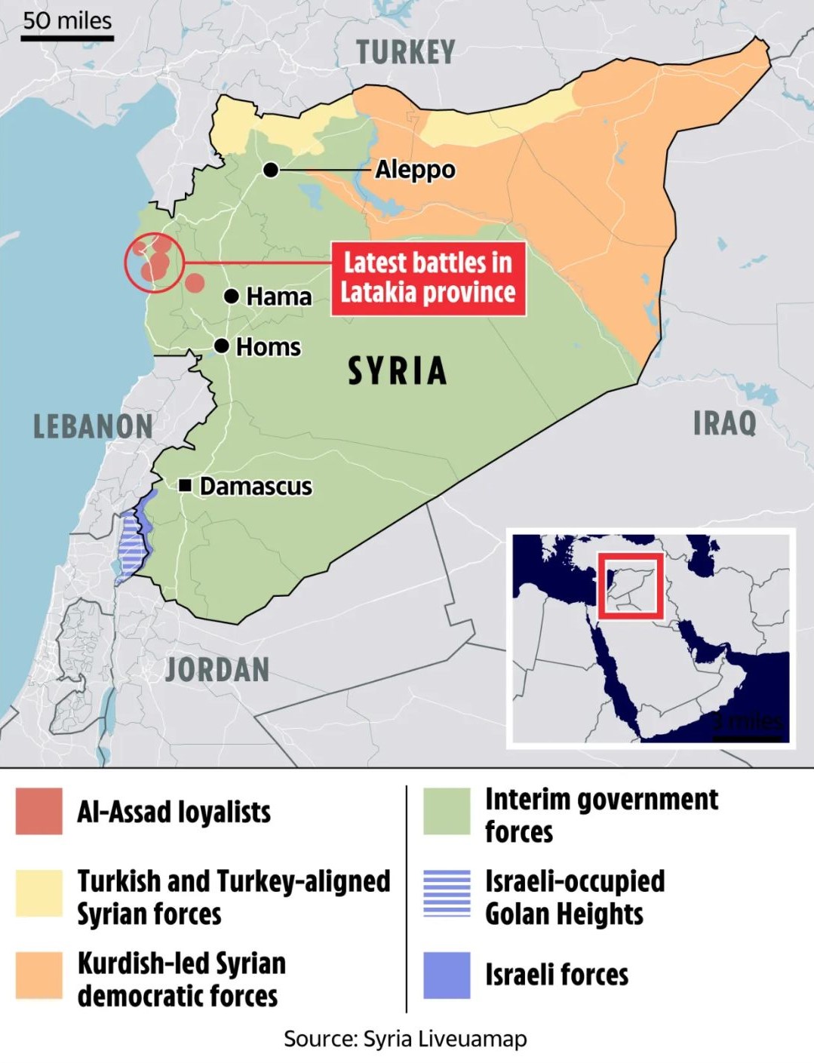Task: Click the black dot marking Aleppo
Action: [x=271, y=171]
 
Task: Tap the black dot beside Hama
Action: [x=232, y=296]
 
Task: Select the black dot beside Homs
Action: [x=222, y=346]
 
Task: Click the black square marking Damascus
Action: [x=185, y=485]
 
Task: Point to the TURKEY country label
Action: [x=406, y=53]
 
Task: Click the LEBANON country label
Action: [x=93, y=427]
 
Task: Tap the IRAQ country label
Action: [x=724, y=423]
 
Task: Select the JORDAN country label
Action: [x=217, y=670]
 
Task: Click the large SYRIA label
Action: [x=398, y=371]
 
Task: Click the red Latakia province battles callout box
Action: [x=428, y=278]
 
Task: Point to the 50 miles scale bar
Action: [x=67, y=36]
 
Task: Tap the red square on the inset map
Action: [x=631, y=586]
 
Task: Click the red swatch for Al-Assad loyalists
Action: [x=39, y=812]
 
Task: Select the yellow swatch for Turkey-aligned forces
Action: [x=39, y=893]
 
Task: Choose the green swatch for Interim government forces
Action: [x=447, y=812]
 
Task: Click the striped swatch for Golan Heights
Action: [x=447, y=893]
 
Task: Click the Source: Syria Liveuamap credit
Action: [x=405, y=1039]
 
